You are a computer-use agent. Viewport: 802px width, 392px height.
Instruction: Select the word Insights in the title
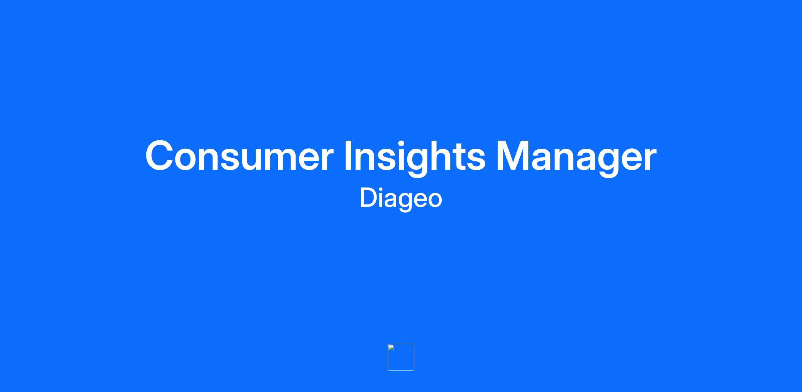pos(415,157)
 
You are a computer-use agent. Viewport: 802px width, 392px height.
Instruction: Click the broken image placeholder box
pos(401,357)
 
